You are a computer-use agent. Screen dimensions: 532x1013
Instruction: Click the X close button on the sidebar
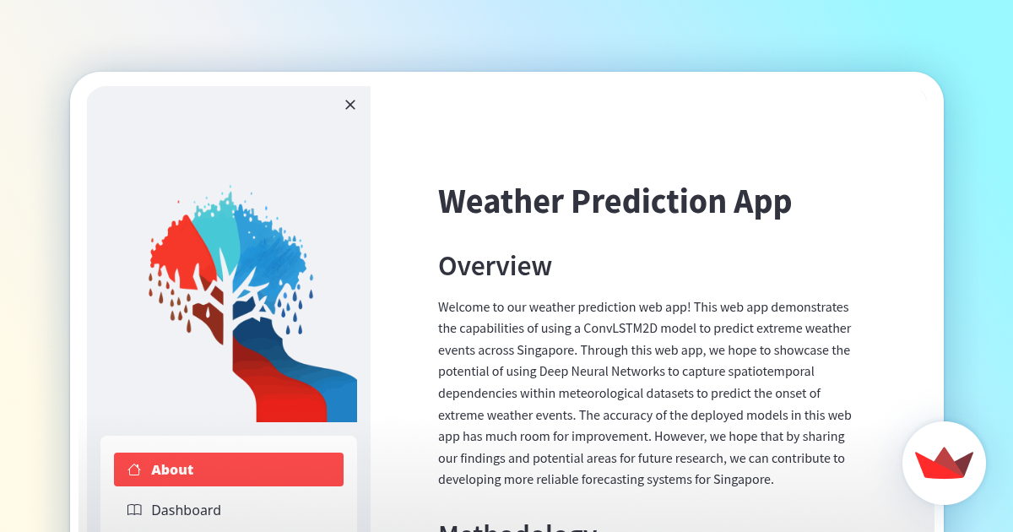tap(350, 105)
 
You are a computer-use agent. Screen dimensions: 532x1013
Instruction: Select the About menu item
tap(229, 470)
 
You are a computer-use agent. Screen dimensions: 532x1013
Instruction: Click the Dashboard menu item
tap(186, 510)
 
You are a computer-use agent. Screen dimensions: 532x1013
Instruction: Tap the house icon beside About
tap(134, 470)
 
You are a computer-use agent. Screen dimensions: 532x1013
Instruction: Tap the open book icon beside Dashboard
tap(134, 510)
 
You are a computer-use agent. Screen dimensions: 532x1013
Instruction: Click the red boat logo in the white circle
tap(944, 464)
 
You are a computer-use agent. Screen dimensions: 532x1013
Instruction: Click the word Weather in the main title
tap(501, 202)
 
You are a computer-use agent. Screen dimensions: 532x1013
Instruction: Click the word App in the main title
tap(762, 202)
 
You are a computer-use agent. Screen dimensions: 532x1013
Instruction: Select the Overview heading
tap(495, 266)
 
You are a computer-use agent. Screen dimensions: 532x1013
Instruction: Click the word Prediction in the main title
tap(647, 202)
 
